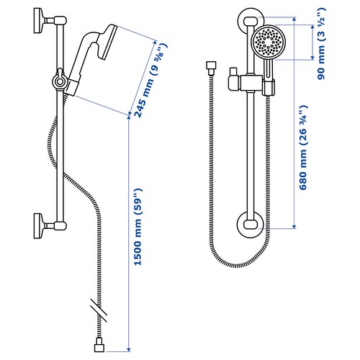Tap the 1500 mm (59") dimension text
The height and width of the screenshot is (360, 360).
coord(138,227)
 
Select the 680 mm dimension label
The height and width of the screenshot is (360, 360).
coord(303,148)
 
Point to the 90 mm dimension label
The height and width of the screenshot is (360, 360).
coord(321,44)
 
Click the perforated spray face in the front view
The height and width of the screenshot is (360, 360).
coord(268,42)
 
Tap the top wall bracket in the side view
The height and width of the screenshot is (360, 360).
coord(50,21)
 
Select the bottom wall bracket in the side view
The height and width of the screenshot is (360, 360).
coord(50,225)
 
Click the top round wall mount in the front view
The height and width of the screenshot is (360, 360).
coord(251,21)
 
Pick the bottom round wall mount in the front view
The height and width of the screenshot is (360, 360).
coord(251,225)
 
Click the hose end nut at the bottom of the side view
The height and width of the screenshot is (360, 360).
coord(99,346)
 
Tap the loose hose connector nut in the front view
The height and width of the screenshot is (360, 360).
coord(211,68)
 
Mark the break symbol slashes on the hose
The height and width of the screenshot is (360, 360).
coord(99,310)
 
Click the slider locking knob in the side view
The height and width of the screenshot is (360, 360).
coord(59,80)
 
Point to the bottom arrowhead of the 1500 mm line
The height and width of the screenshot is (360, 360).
coord(129,350)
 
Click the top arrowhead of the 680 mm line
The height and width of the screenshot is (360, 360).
coord(294,19)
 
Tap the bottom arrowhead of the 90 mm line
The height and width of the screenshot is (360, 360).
coord(312,58)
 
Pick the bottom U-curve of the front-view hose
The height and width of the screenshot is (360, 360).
coord(236,265)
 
